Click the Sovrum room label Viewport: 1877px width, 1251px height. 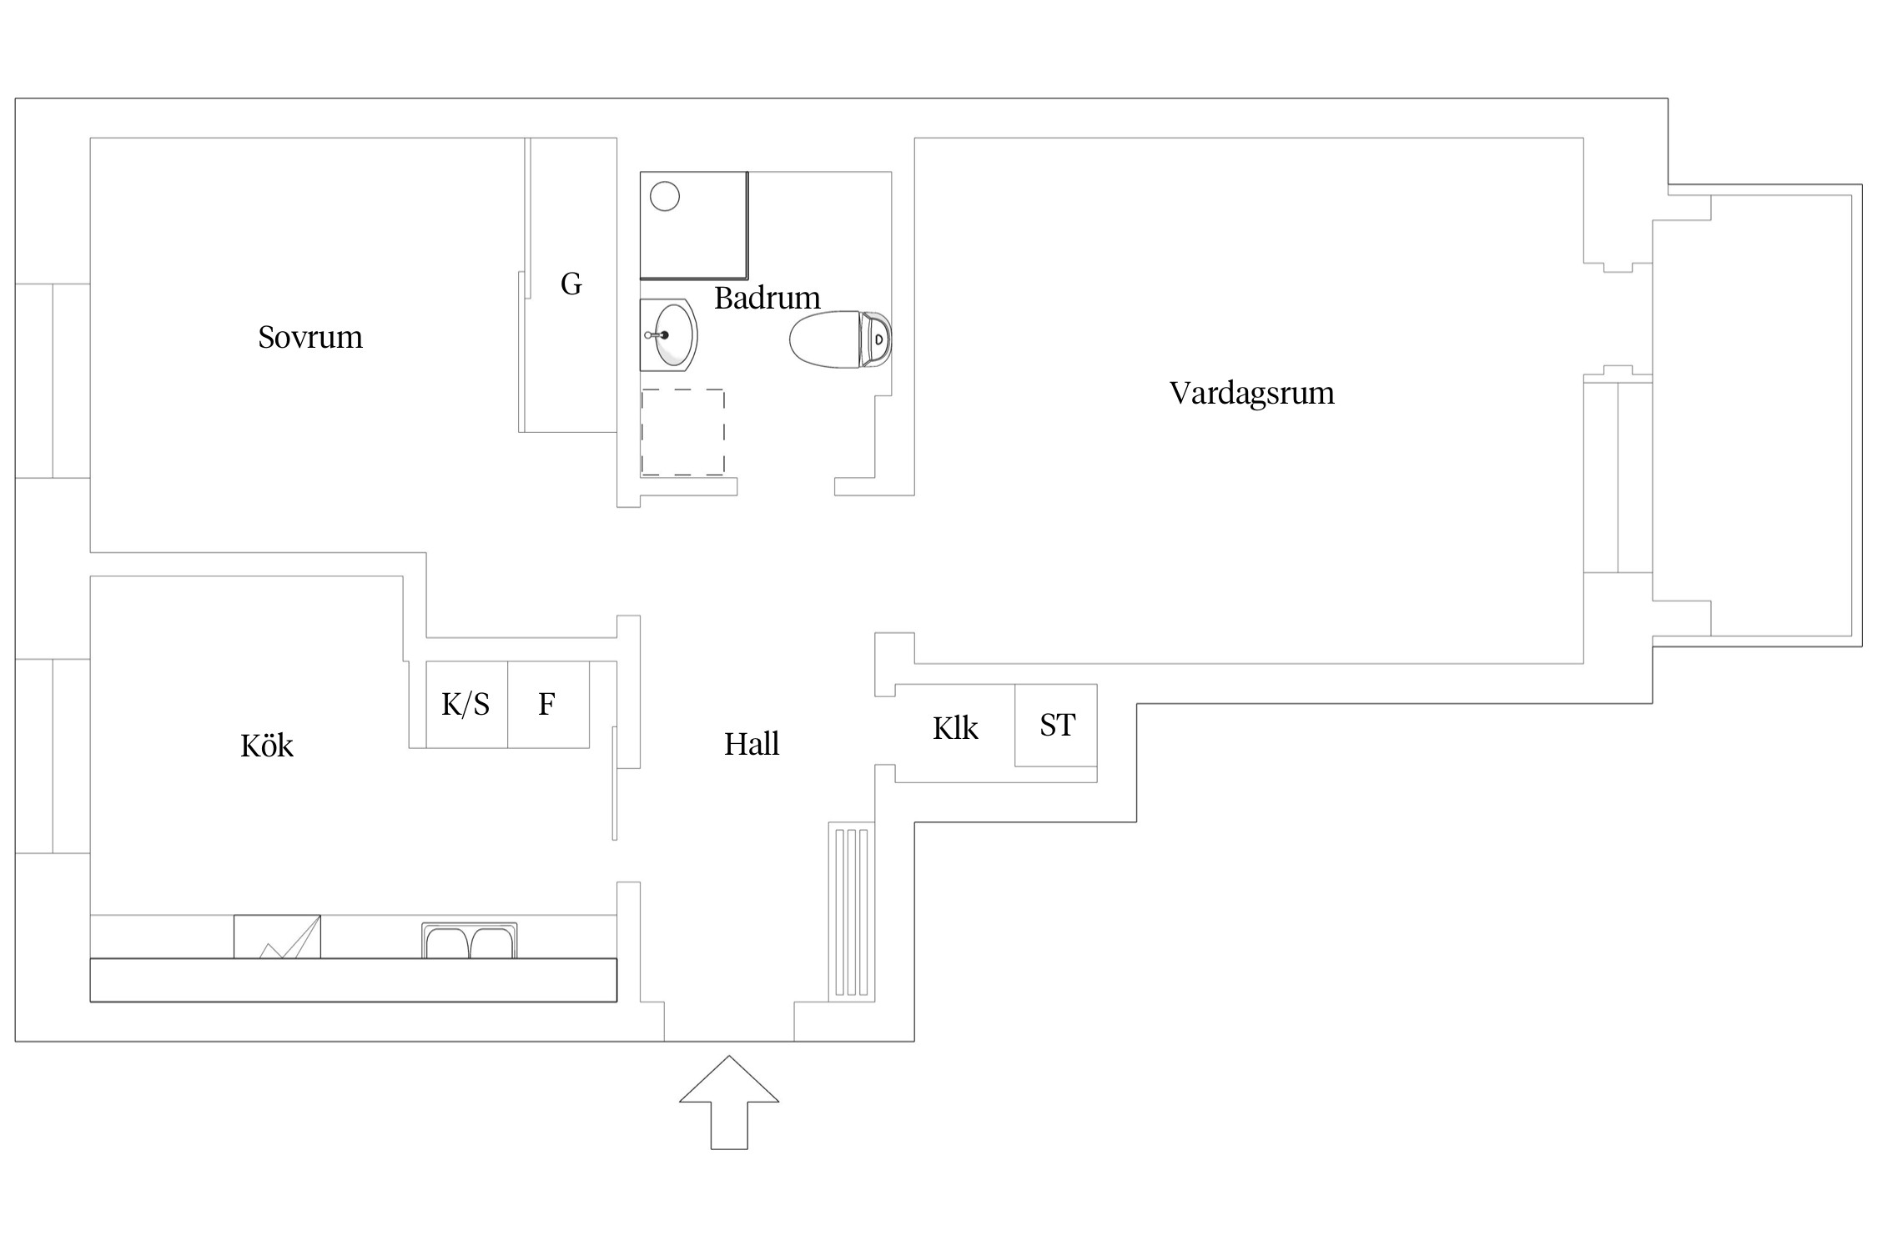coord(310,338)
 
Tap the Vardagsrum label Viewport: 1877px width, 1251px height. coord(1251,394)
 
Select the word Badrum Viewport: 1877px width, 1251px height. coord(767,298)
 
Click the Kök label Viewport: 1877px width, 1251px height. coord(267,746)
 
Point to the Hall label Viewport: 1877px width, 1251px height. coord(751,744)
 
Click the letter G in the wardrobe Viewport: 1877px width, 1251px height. coord(571,284)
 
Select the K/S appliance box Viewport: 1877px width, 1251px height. coord(466,705)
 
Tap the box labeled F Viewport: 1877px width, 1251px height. coord(548,705)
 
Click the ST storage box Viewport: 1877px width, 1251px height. coord(1056,725)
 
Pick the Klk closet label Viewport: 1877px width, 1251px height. coord(955,729)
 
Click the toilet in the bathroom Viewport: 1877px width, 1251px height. coord(838,339)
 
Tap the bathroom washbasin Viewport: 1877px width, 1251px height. coord(670,335)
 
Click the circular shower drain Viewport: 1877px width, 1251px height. coord(665,197)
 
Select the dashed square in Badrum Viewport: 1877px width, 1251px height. coord(682,432)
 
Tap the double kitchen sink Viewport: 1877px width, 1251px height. coord(469,941)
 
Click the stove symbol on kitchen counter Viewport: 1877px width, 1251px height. coord(277,937)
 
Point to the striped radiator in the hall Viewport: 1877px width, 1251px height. coord(852,912)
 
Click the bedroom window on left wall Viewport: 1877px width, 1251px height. coord(52,381)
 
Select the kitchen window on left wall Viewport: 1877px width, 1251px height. coord(52,756)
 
